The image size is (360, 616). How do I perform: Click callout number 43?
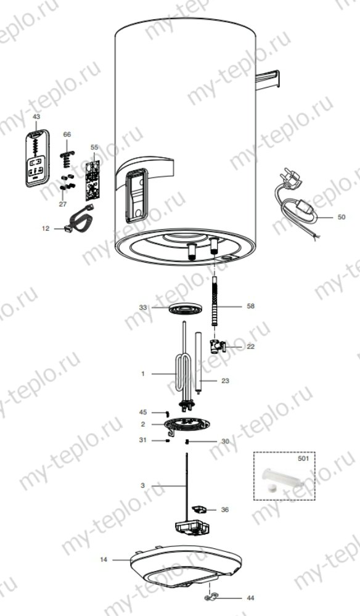36,117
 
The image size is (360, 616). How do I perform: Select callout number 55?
94,148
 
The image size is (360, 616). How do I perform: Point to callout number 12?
45,228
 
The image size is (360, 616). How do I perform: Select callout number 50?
342,218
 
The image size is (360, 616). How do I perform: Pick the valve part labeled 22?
218,347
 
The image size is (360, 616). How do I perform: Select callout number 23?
225,381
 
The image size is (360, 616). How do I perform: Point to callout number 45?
143,412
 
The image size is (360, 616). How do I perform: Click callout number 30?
225,441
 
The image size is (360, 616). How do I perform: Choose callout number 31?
143,439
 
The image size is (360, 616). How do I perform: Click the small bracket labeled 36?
198,509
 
